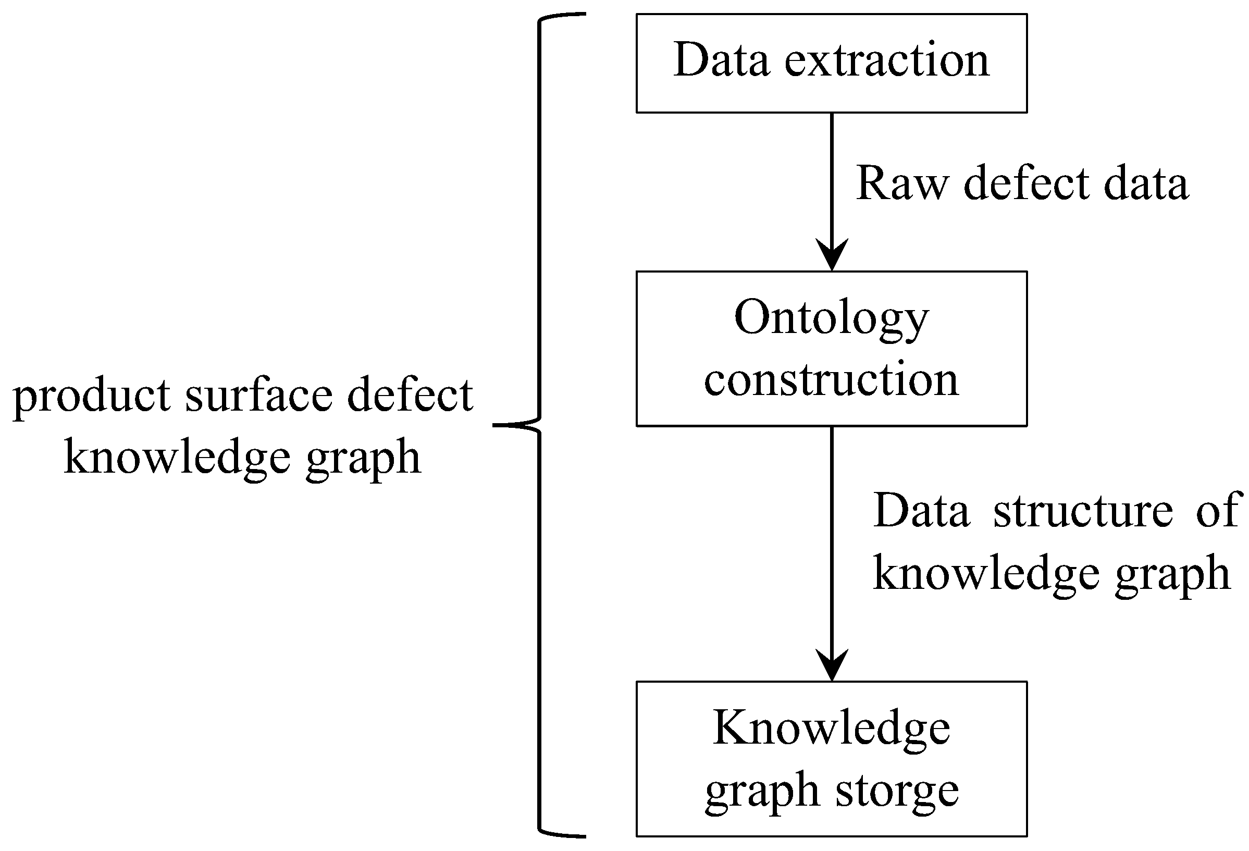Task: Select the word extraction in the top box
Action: pyautogui.click(x=887, y=60)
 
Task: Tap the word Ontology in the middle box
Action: pyautogui.click(x=831, y=318)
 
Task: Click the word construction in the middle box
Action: pyautogui.click(x=831, y=379)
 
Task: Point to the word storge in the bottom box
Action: pyautogui.click(x=897, y=791)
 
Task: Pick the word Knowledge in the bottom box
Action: pyautogui.click(x=831, y=729)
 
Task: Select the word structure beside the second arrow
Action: pyautogui.click(x=1083, y=510)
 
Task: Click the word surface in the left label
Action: pyautogui.click(x=259, y=396)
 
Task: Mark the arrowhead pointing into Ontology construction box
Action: pyautogui.click(x=832, y=256)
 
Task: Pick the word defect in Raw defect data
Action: pyautogui.click(x=1026, y=183)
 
